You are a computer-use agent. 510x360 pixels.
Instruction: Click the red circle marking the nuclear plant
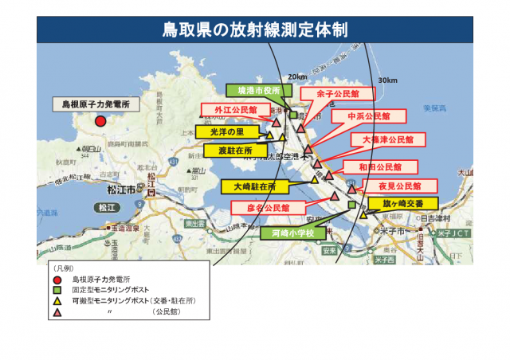[100, 121]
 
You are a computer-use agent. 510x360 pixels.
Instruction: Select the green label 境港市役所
[253, 91]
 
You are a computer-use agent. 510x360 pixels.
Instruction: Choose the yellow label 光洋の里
[228, 131]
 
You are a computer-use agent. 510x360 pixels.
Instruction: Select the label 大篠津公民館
[382, 139]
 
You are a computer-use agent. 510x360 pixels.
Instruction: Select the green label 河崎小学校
[293, 233]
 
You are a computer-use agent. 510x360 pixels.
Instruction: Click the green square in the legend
[57, 292]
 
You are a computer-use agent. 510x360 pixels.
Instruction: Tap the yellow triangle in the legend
[57, 303]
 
